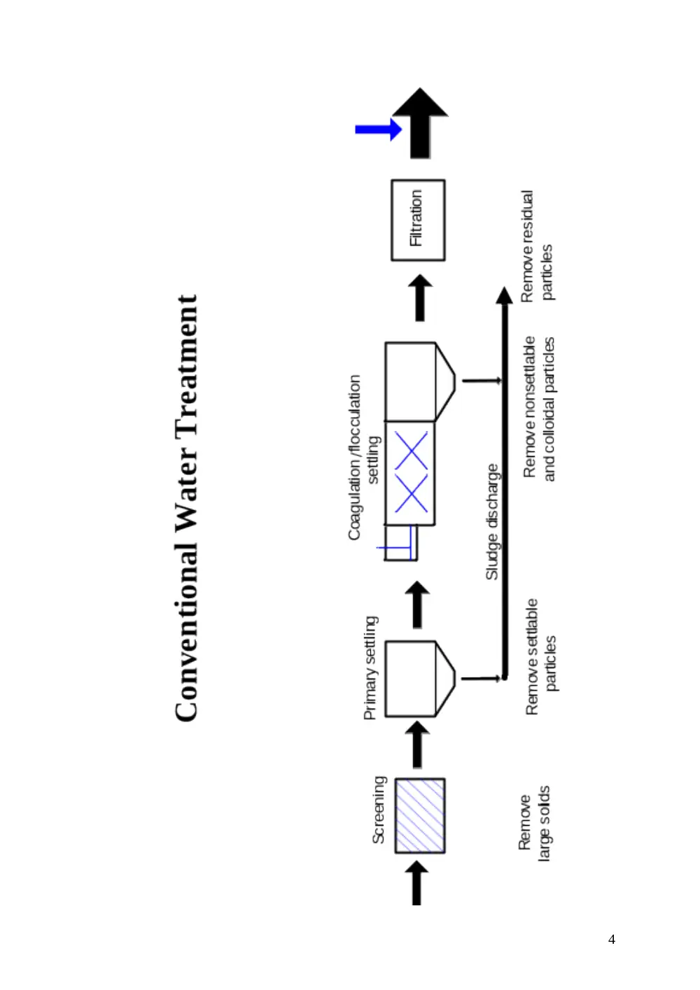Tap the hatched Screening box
coord(419,815)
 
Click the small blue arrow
coord(379,129)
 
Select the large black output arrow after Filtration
coord(420,123)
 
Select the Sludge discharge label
coord(492,522)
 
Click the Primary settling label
coord(370,667)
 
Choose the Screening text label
coord(379,809)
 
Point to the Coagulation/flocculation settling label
coord(364,458)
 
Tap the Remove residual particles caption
coord(537,246)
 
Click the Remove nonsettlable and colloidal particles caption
coord(539,409)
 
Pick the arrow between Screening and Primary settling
coord(417,744)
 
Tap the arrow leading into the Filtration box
coord(419,297)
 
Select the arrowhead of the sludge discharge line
coord(504,295)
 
